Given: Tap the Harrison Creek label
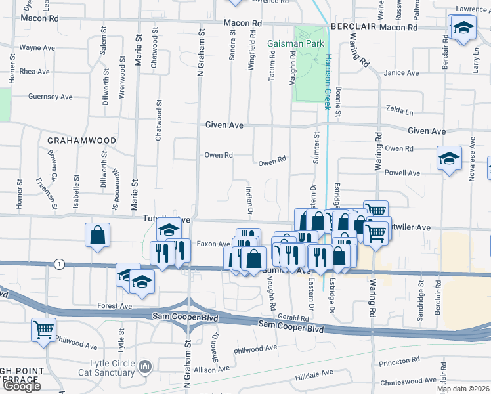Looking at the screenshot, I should coord(327,81).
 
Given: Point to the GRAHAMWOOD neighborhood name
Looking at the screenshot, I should coord(81,141).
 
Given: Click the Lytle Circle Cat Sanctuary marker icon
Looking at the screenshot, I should coord(146,366).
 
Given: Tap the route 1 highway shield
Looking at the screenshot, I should coord(60,264).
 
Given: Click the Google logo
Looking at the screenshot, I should coord(21,386).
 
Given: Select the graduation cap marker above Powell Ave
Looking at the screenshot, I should coord(449,158).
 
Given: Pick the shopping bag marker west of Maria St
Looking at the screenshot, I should coord(97,236).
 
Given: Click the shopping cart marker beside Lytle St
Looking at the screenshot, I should coord(43,330).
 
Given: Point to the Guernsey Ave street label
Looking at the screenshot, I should coord(50,97).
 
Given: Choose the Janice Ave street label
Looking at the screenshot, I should coord(402,73).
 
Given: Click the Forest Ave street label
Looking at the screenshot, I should coord(115,306).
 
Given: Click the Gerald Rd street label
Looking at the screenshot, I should coord(293,317).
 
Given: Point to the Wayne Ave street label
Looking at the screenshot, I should coord(37,48).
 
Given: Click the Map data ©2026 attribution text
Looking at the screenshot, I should coord(462,389).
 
